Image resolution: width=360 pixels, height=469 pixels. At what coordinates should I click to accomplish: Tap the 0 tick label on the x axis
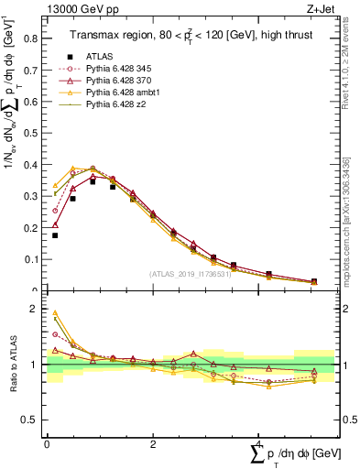(x=47, y=442)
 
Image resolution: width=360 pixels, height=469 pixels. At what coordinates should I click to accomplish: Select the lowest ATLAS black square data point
(x=55, y=235)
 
